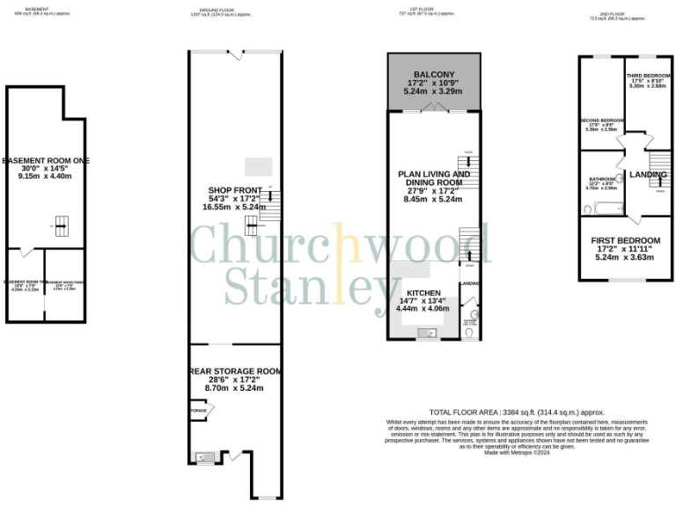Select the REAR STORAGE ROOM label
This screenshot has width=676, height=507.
[x=236, y=371]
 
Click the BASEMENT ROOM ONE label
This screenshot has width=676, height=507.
[x=46, y=160]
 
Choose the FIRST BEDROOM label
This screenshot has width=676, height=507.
[x=627, y=240]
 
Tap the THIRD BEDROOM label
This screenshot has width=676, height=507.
[x=649, y=76]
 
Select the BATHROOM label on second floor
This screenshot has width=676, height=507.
[x=602, y=179]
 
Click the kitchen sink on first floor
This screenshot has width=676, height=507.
[x=425, y=332]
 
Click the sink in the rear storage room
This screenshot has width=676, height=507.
[x=201, y=457]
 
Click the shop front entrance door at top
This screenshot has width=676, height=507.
[x=235, y=55]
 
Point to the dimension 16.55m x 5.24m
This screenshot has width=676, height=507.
[x=236, y=207]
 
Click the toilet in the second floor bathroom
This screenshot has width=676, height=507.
[x=587, y=209]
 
